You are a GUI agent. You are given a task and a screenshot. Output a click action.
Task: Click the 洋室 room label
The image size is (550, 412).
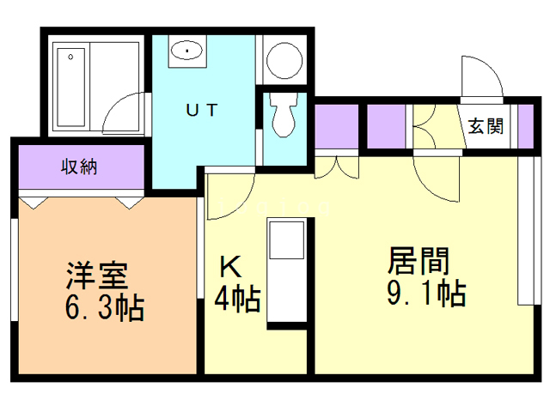tap(97, 276)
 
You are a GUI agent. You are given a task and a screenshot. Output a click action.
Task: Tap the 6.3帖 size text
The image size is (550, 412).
tap(105, 306)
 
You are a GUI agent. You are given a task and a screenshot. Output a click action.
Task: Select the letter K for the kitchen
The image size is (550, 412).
tap(229, 267)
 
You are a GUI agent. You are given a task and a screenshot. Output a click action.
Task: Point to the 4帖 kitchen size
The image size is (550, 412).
tap(236, 300)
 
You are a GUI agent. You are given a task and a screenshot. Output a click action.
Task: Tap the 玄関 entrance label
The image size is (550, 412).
tap(486, 126)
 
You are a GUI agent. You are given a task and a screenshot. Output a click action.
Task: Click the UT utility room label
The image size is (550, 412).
tap(203, 110)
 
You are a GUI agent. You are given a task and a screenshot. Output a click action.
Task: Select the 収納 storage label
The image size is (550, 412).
tap(78, 167)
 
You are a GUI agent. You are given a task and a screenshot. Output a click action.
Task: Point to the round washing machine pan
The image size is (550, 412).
tap(280, 60)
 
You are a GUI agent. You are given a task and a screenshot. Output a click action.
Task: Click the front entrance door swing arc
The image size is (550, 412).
tap(481, 82)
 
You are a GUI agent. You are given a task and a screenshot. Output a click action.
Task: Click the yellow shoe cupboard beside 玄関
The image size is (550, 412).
tap(435, 125)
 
